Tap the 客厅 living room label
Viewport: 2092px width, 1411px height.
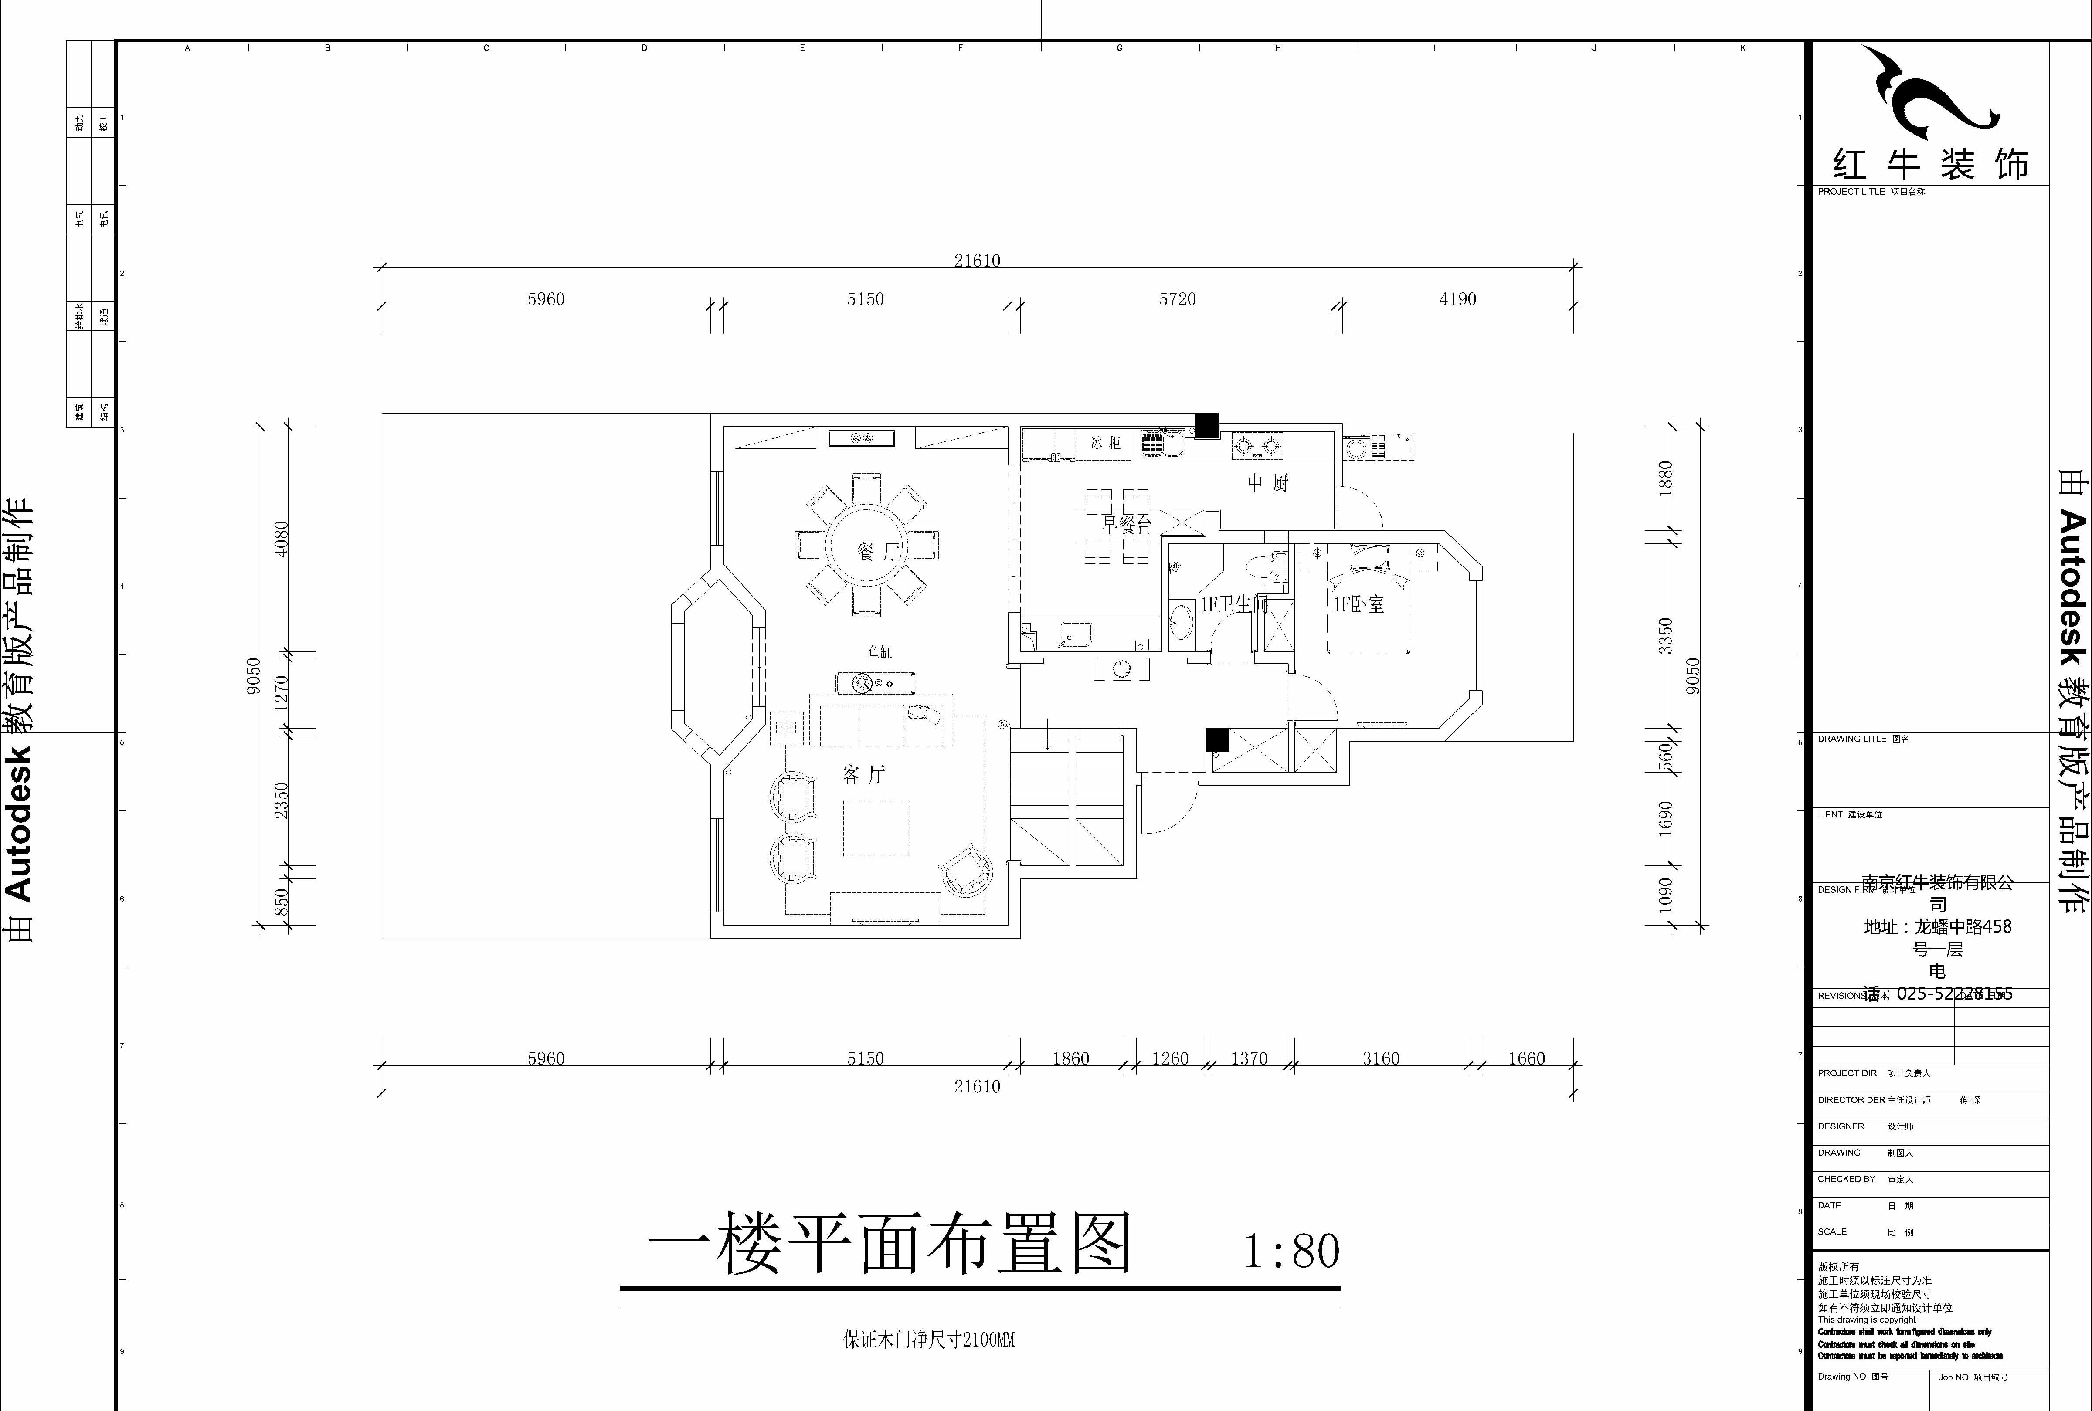tap(864, 774)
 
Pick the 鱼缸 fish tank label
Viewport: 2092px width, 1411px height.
tap(879, 652)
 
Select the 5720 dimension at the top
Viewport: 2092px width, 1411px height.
tap(1177, 299)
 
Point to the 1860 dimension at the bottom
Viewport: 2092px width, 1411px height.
tap(1071, 1058)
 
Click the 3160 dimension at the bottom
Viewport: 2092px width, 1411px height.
tap(1380, 1058)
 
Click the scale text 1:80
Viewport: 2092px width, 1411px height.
tap(1292, 1251)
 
